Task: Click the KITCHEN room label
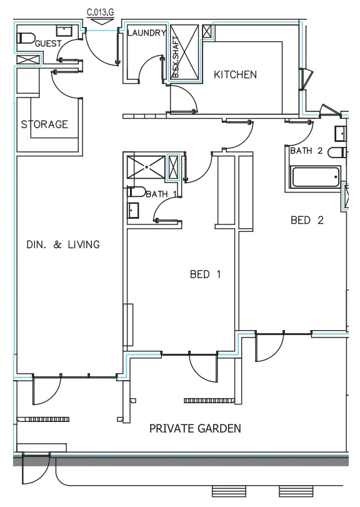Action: (235, 75)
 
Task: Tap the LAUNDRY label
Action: (146, 33)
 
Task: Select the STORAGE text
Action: (44, 124)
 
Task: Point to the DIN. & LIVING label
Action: (62, 244)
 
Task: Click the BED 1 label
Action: (205, 274)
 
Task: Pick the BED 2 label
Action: (307, 220)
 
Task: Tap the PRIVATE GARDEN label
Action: (195, 429)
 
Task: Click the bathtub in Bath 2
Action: (316, 177)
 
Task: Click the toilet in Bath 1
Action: (136, 193)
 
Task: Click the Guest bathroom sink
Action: (64, 31)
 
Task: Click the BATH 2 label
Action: (306, 151)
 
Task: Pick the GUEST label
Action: (48, 44)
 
